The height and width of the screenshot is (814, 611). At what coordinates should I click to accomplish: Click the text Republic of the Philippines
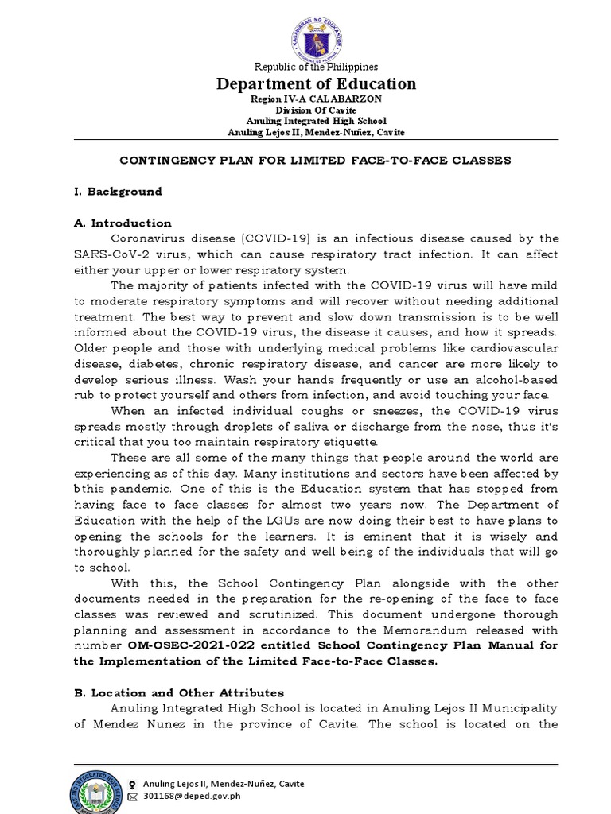(x=316, y=67)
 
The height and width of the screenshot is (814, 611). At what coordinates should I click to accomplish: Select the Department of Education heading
(x=316, y=84)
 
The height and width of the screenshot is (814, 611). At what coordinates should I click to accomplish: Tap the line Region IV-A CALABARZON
(x=316, y=99)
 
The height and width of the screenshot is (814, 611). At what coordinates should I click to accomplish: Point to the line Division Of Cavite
(x=316, y=110)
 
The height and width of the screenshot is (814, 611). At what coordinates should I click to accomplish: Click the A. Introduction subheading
(x=122, y=223)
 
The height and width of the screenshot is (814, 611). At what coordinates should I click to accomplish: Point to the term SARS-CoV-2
(x=106, y=254)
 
